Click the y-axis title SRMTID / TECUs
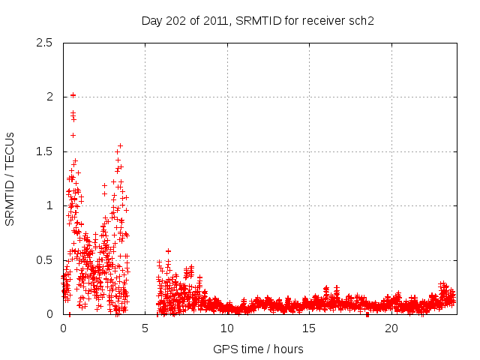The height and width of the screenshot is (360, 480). (x=10, y=178)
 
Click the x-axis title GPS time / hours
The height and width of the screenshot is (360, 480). (x=258, y=349)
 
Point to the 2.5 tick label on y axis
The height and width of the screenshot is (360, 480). (x=44, y=43)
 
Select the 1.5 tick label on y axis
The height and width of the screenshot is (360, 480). (x=44, y=151)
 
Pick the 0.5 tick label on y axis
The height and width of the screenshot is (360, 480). (x=44, y=260)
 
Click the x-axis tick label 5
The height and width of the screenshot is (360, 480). (x=145, y=328)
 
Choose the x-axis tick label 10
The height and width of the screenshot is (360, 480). (x=227, y=328)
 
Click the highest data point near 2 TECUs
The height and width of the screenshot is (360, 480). (x=73, y=95)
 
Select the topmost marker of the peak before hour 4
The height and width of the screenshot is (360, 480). (x=120, y=145)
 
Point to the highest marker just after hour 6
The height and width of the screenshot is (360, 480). (x=168, y=251)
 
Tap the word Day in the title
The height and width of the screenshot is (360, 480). (x=151, y=21)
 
